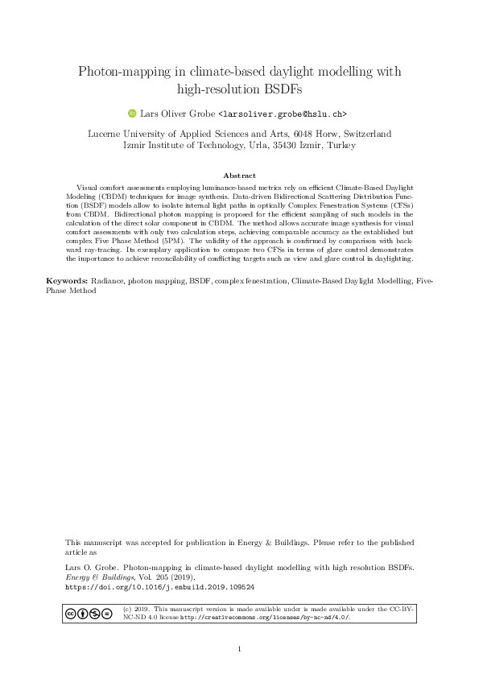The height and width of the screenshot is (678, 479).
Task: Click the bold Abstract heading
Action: tap(239, 175)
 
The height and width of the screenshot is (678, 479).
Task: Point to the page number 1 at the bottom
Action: tap(239, 649)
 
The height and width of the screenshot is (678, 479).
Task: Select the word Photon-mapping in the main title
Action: tap(116, 72)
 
